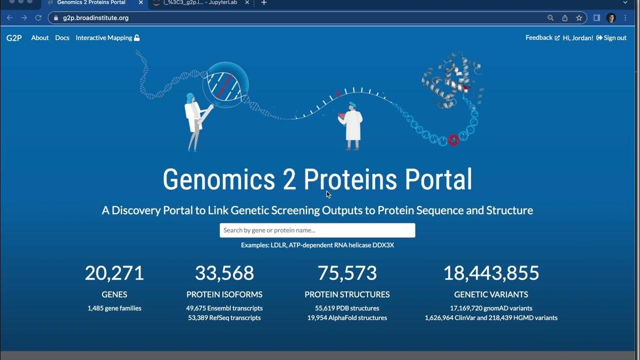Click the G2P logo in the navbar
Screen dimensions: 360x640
[x=14, y=38]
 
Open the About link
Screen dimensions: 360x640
[x=40, y=38]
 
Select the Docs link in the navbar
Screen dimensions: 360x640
[x=62, y=38]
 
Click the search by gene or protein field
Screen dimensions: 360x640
[x=317, y=230]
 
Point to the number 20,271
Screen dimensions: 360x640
[x=114, y=273]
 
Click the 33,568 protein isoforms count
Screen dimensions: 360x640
[x=224, y=273]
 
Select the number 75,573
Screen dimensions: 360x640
[x=347, y=273]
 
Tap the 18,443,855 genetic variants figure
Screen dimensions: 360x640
[x=491, y=273]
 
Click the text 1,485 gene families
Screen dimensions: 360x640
[x=114, y=308]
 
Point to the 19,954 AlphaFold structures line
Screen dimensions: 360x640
[x=347, y=318]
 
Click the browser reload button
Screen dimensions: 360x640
[x=38, y=18]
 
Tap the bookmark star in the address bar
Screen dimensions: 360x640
[x=579, y=18]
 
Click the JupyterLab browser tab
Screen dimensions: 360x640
[x=200, y=3]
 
